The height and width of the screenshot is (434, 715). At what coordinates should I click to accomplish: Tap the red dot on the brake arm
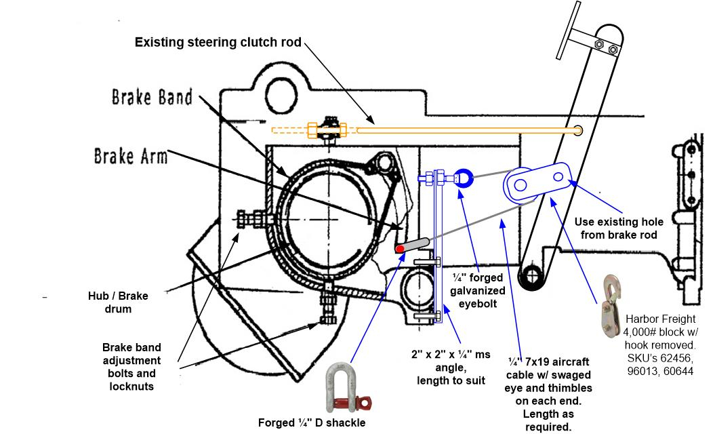401,250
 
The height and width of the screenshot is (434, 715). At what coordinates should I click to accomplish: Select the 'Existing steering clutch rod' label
218,42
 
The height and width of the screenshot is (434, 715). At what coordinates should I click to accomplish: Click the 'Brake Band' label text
152,97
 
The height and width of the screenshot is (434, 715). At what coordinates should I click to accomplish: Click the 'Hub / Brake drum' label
117,302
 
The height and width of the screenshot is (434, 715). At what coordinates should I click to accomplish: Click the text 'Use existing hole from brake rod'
619,228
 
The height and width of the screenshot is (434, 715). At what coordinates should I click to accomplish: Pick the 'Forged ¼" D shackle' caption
312,423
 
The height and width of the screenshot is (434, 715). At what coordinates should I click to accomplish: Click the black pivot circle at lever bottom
529,277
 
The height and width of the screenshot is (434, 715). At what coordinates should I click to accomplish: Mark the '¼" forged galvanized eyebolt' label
478,290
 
